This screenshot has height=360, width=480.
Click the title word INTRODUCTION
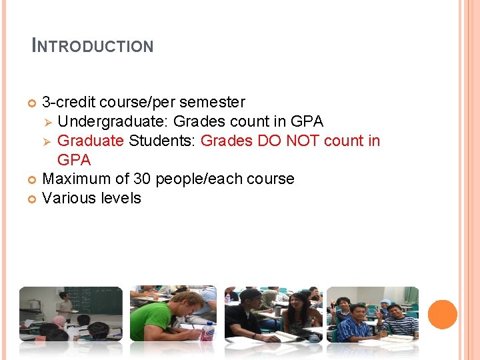coord(93,46)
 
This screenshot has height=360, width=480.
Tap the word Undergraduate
coord(113,122)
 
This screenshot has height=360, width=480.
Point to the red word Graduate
coord(90,141)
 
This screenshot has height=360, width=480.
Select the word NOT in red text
coord(304,141)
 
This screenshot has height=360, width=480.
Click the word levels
coord(118,198)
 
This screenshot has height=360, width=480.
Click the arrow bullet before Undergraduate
coord(47,122)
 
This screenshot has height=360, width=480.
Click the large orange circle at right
coord(442,315)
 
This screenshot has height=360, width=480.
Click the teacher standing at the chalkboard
coord(64,305)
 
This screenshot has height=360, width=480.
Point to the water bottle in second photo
coord(209,331)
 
